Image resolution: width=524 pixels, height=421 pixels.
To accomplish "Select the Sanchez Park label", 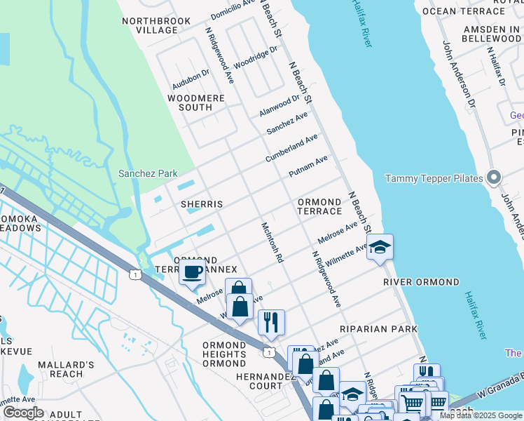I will [148, 173].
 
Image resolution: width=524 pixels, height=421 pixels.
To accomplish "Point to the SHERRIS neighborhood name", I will [202, 204].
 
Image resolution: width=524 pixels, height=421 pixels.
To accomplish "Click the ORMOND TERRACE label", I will [320, 206].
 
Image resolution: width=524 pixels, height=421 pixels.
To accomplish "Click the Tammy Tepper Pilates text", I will [434, 178].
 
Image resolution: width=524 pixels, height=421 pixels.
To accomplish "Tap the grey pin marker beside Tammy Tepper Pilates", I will [494, 178].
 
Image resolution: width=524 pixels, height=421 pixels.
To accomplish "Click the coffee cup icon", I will [192, 272].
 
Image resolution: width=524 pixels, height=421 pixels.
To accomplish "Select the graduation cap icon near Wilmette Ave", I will [380, 248].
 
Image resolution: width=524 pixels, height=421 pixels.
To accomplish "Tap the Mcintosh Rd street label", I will [272, 243].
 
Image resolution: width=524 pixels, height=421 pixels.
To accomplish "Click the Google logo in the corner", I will [23, 413].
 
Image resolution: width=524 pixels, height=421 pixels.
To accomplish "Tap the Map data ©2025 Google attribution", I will [481, 415].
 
